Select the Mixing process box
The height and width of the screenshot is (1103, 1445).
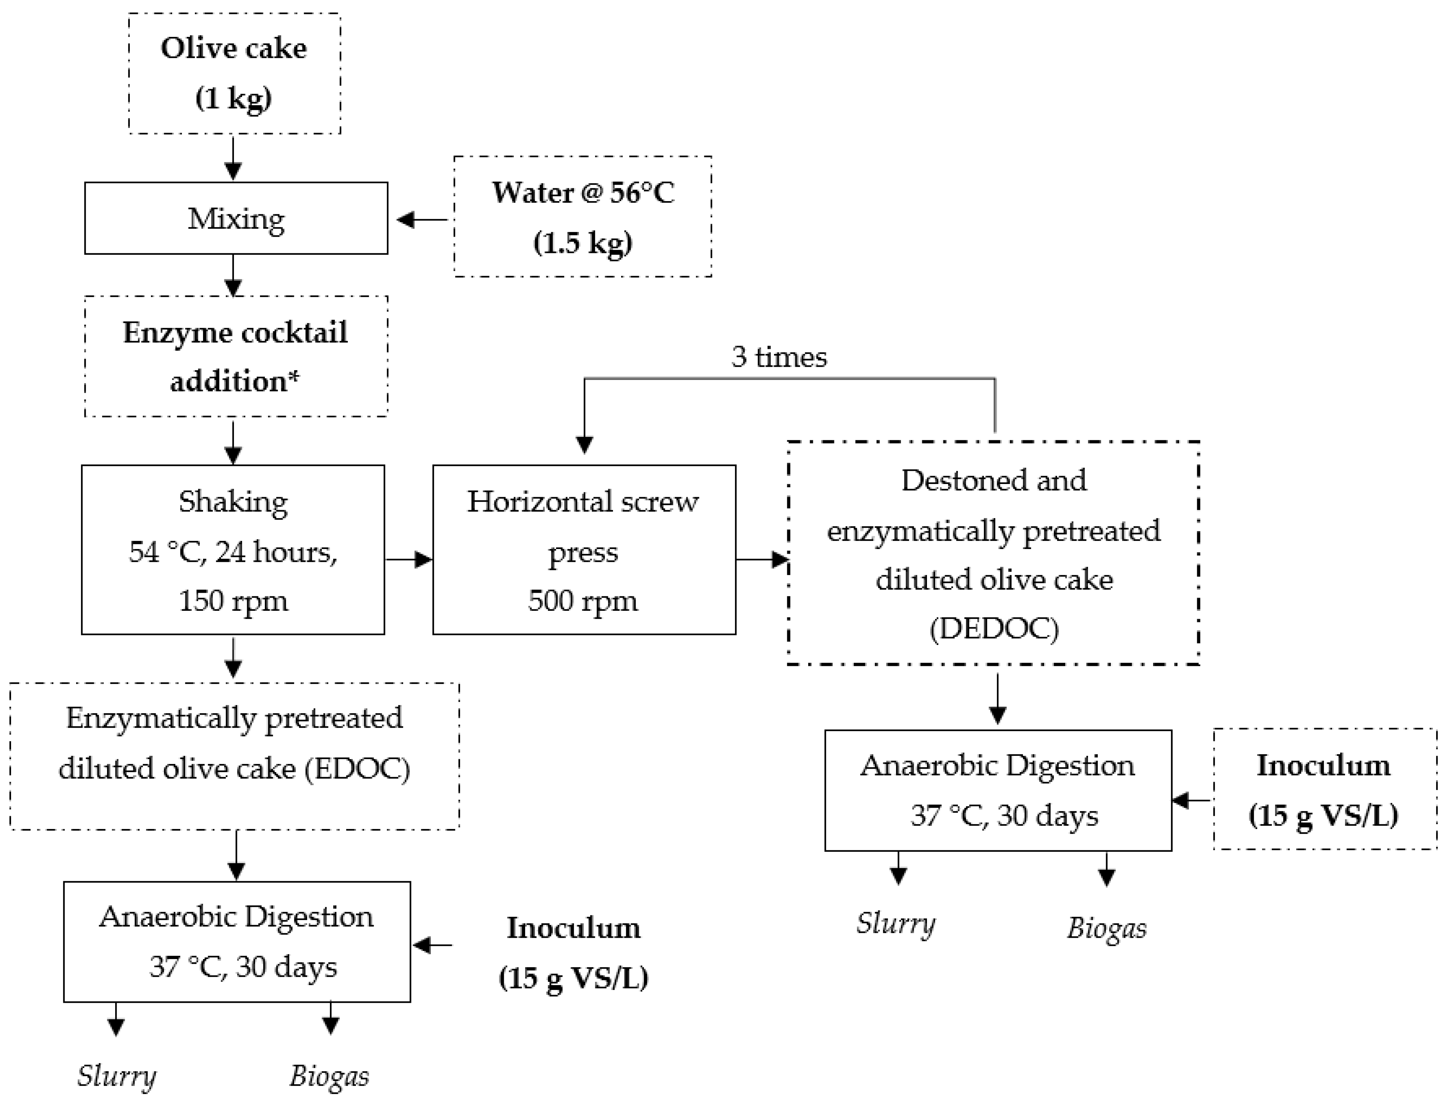(236, 218)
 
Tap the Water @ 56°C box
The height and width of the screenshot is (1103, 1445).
(583, 217)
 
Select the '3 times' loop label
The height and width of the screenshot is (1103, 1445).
(779, 356)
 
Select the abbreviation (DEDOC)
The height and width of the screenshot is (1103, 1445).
(994, 628)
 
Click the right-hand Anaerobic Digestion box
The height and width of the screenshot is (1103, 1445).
(998, 790)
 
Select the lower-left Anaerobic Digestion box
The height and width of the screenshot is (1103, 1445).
(236, 941)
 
